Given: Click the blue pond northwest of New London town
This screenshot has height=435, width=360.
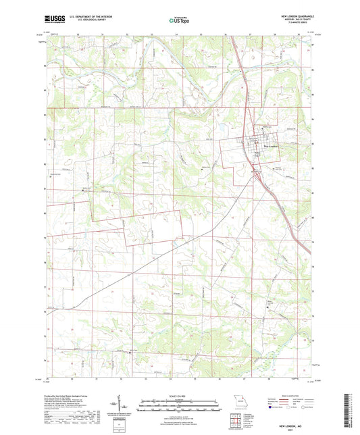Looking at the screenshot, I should click(x=220, y=126).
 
